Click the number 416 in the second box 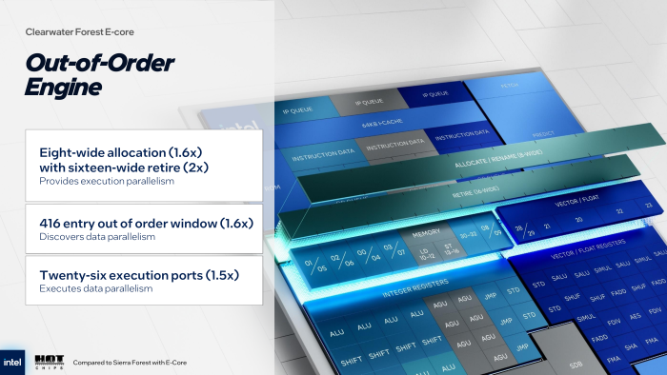point(53,223)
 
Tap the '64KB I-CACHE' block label point(379,124)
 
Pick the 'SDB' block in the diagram point(575,364)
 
